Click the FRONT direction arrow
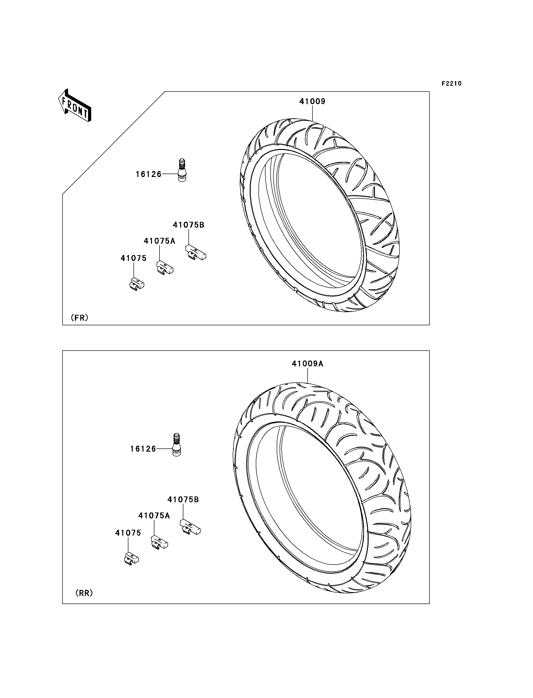pos(75,105)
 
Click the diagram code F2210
pos(452,84)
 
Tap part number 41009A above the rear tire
pos(307,364)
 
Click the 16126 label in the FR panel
pos(149,174)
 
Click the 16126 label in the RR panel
pos(143,449)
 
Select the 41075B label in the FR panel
pos(188,225)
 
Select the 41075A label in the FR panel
pos(159,241)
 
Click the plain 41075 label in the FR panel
pos(133,258)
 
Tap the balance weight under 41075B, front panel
pos(196,252)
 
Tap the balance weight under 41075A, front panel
pos(165,268)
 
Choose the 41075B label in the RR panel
pos(183,500)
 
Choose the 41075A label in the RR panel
pos(154,516)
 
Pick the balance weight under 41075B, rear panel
pos(190,527)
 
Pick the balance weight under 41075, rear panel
pos(131,559)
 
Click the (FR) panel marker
pos(79,317)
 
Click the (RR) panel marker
pos(84,593)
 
